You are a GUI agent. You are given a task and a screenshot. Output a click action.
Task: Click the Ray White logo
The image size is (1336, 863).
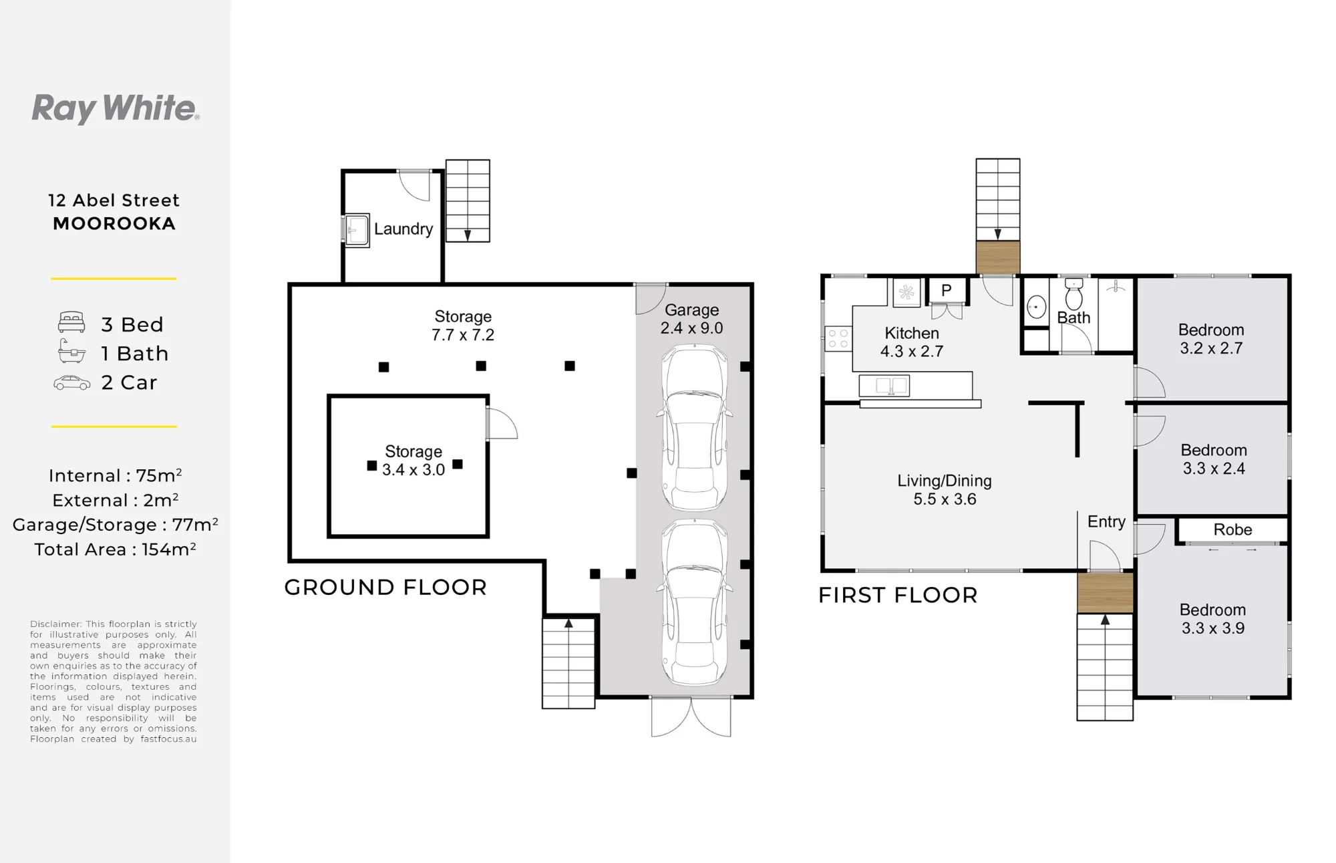(116, 108)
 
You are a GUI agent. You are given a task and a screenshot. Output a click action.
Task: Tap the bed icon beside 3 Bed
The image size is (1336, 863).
(71, 322)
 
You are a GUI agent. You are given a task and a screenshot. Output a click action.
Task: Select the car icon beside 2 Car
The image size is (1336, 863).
(71, 383)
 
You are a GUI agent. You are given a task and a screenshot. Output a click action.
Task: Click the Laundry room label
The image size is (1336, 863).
(403, 229)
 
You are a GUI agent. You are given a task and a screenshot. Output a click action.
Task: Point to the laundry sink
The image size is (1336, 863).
(356, 231)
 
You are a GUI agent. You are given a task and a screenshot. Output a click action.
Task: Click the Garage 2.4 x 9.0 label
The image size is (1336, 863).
(692, 319)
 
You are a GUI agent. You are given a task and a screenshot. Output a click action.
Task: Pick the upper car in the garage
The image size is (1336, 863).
(695, 428)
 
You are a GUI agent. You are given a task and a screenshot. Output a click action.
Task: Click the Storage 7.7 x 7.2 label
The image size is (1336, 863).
(463, 326)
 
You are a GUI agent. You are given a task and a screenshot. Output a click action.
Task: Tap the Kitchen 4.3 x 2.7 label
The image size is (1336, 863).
(912, 342)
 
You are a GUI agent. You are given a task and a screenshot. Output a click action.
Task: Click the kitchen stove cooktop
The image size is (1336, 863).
(838, 339)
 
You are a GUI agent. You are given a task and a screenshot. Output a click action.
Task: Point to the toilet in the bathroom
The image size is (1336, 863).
(1073, 294)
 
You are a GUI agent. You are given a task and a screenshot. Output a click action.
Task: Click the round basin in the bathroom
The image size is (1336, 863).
(1036, 307)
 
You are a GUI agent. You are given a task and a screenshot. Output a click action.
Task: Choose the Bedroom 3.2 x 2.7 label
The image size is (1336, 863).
(1211, 339)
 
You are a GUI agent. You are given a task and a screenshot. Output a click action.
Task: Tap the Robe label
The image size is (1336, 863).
(1232, 529)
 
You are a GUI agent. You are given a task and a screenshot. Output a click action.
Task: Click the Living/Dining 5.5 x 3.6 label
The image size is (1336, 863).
(945, 490)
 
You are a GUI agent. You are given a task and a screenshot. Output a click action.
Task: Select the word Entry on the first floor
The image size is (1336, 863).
(1106, 522)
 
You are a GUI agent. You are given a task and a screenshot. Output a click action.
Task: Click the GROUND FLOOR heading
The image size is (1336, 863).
(385, 588)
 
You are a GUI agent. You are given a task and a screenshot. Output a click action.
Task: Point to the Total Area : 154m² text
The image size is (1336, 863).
(115, 549)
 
